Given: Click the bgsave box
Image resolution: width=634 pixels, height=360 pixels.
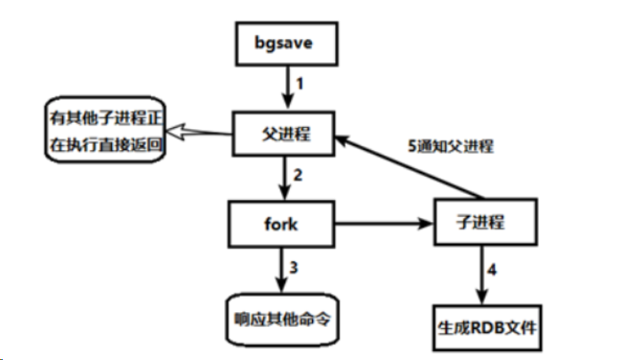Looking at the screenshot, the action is pos(286,44).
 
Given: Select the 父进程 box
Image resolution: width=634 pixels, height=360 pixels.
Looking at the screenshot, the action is pos(284,133).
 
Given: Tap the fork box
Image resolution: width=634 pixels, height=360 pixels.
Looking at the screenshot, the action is pos(281,224).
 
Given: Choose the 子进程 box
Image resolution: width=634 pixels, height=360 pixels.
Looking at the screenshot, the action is pos(486,222).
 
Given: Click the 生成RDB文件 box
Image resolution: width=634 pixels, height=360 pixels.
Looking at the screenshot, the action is pos(487,328).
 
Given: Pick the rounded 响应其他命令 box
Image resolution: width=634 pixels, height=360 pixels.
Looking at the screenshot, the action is pos(282,320).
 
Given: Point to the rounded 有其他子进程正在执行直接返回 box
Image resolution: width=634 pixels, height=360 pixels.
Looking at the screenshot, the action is pos(106,130).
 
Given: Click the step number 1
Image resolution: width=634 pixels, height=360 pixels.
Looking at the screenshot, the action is pos(300,84).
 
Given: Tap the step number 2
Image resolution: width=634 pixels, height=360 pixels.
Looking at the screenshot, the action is pos(298,175).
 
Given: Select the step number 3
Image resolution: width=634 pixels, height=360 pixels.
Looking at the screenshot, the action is pos(293,268).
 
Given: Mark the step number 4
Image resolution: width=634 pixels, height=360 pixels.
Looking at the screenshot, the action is pos(492,269).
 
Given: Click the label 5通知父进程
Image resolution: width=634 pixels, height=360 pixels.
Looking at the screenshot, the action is pos(451,147).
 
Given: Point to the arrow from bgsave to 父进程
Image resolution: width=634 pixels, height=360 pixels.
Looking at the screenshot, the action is pos(287,87).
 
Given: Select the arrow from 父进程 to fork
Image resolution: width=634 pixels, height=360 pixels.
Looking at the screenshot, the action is pos(285,178).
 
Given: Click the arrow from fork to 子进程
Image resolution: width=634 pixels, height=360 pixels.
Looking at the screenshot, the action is pos(384,223).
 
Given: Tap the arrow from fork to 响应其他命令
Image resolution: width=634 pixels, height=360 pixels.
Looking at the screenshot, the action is pos(281,269).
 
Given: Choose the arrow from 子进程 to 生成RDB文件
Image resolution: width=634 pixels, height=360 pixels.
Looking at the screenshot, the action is pos(482,275).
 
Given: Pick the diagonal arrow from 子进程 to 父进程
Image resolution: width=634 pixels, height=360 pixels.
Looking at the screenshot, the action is pos(410,167).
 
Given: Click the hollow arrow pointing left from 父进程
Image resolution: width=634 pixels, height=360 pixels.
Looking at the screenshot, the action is pos(199,132).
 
